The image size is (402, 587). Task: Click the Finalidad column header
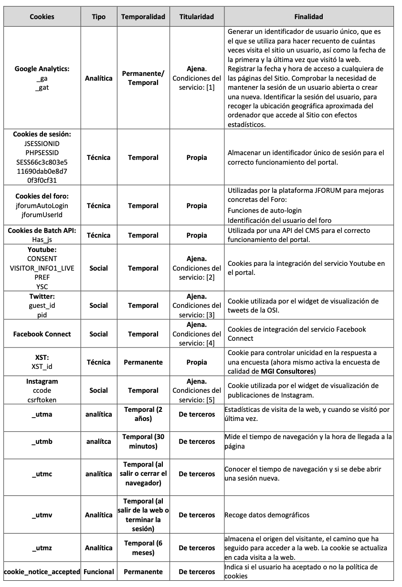point(308,17)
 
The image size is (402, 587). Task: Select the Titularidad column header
point(196,17)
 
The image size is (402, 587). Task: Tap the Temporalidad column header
point(143,17)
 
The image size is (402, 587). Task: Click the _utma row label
point(42,414)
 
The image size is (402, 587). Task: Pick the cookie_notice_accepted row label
point(42,571)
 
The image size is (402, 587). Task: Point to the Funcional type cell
point(99,571)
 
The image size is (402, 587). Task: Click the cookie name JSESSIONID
point(42,143)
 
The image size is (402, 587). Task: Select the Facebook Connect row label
point(42,334)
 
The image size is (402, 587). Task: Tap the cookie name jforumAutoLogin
point(42,206)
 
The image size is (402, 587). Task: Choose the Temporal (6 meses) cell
point(143,548)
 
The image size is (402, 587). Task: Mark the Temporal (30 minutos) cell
point(143,441)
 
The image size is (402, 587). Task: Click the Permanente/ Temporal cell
point(143,78)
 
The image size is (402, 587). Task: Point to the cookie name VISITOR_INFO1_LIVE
point(42,268)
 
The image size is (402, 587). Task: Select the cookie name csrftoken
point(42,399)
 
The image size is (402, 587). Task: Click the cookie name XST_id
point(42,367)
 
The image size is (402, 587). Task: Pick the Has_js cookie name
point(42,240)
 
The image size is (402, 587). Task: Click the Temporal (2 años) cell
point(143,414)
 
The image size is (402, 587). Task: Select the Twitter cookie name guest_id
point(42,305)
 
